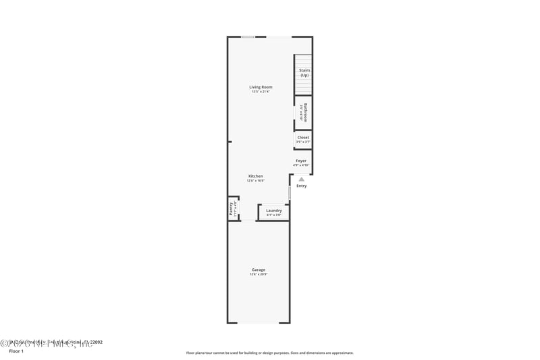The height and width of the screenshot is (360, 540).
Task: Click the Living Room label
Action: pos(261,87)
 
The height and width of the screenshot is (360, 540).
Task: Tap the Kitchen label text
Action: pos(255,176)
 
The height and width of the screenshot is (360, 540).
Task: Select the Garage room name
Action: pos(258,269)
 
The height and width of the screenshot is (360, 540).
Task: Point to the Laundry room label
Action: pos(274,210)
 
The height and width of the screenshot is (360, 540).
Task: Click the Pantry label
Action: pos(232,207)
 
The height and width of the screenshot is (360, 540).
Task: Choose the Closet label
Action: pos(303,137)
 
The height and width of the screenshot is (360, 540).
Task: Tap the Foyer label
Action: pos(301,161)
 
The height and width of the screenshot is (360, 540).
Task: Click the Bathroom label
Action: pos(305,112)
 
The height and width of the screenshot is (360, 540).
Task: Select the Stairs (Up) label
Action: pos(304,72)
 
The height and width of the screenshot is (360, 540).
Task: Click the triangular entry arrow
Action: pos(301,179)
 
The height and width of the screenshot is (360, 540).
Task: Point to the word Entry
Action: pos(301,186)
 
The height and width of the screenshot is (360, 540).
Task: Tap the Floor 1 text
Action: pos(16,351)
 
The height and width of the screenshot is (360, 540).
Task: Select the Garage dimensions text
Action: pos(258,274)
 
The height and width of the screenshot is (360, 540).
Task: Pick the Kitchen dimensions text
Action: pos(255,180)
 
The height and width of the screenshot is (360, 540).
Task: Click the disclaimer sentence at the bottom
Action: pos(269,353)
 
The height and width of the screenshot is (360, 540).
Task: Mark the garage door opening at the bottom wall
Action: pos(258,323)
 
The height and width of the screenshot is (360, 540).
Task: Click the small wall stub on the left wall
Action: pos(230,142)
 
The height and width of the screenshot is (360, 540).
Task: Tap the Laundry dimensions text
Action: pos(274,215)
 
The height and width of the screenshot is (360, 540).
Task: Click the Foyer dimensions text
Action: pos(301,165)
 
